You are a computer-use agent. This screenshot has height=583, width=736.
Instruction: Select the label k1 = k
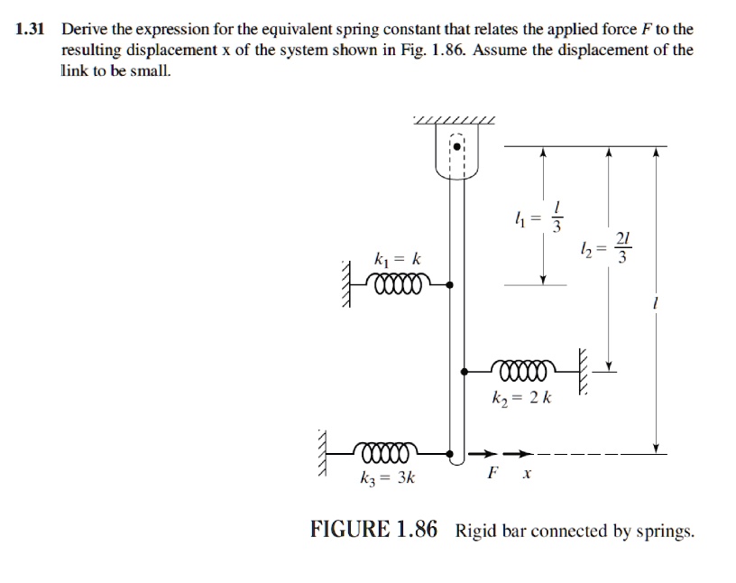pos(398,259)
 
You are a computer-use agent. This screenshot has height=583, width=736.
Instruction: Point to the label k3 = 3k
pos(389,478)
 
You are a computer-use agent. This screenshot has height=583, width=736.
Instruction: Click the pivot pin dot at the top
pos(457,144)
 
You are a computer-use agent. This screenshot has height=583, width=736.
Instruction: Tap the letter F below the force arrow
pos(492,472)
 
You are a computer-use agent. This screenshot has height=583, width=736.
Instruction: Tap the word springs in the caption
pos(664,532)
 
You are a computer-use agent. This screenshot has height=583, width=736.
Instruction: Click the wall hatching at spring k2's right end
pos(583,369)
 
